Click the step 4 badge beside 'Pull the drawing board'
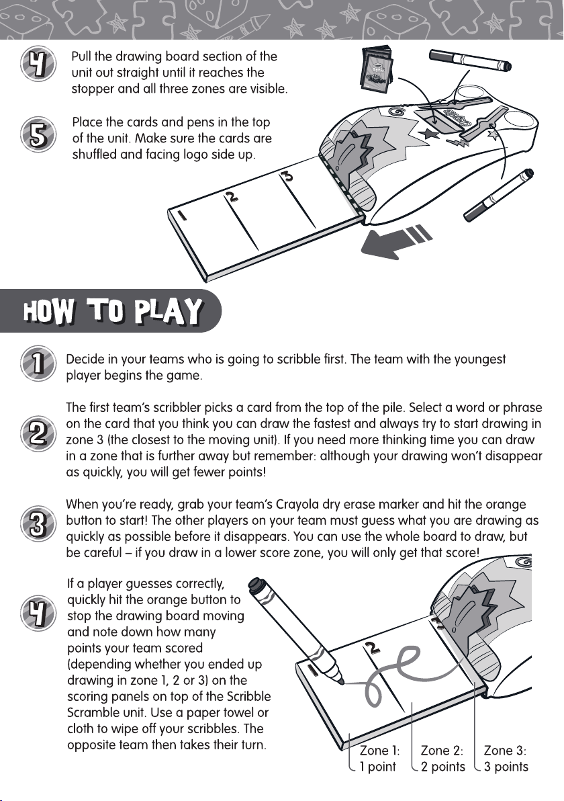point(38,65)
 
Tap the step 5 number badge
point(38,135)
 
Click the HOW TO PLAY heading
point(112,310)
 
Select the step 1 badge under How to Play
point(38,364)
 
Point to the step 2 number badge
point(38,433)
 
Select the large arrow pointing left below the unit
point(396,241)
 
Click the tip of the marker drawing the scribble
point(341,681)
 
